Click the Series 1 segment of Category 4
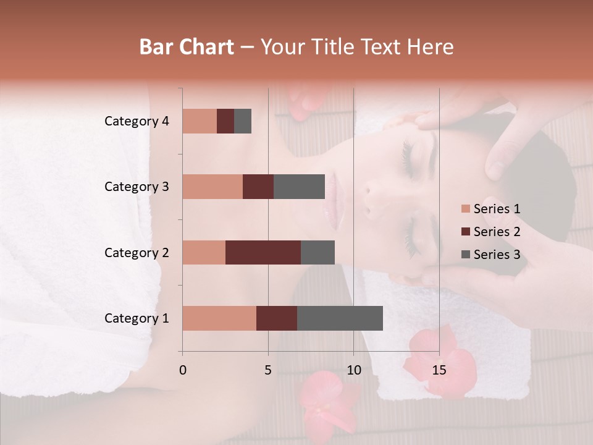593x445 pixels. [x=200, y=121]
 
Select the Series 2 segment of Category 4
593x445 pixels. [x=225, y=121]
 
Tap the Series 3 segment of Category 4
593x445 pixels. [x=243, y=121]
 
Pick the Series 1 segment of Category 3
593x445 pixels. [x=212, y=187]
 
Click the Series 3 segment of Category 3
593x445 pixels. [x=299, y=187]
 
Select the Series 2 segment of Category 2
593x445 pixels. [x=263, y=252]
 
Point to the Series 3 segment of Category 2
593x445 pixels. [x=318, y=252]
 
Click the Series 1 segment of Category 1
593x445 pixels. [x=219, y=318]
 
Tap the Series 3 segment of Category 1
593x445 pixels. [x=340, y=318]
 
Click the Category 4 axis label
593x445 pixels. [x=137, y=121]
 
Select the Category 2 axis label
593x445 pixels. [x=137, y=252]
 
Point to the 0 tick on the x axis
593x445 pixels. [x=182, y=370]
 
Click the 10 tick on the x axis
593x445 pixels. [x=353, y=370]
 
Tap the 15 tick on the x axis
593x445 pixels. [x=439, y=370]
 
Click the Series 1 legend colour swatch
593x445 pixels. [x=465, y=209]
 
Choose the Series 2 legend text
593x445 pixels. [x=497, y=232]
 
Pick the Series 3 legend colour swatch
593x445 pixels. [x=465, y=255]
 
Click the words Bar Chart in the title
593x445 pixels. [x=187, y=47]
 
